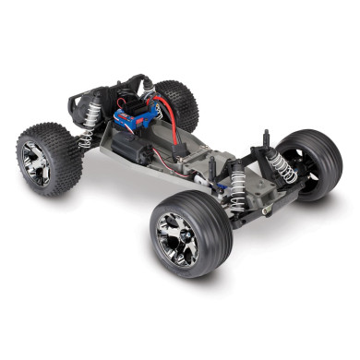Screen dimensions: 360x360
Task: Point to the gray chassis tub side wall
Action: (x=138, y=175)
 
